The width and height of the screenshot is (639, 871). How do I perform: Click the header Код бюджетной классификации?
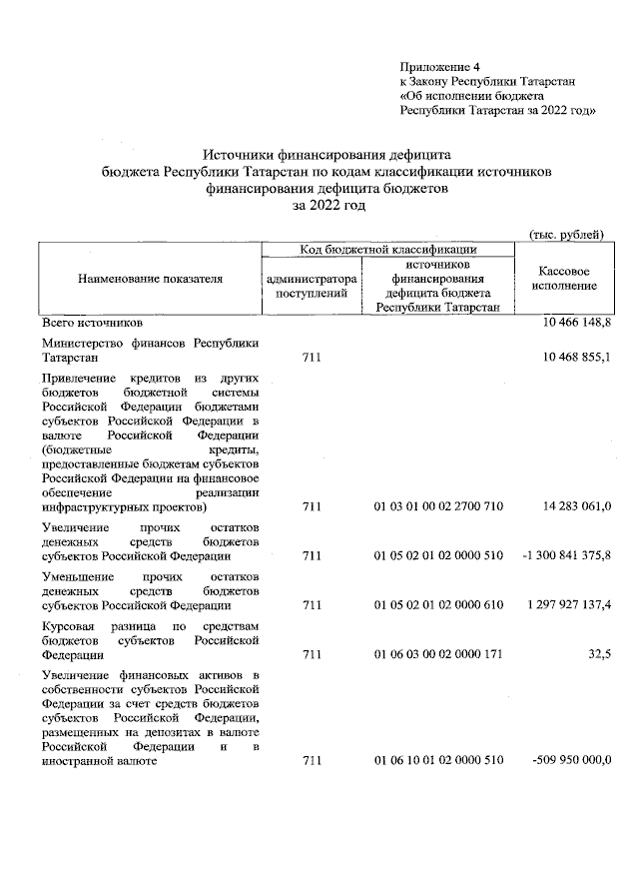(x=389, y=249)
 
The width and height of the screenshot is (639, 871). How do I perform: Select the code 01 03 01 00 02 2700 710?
(x=438, y=506)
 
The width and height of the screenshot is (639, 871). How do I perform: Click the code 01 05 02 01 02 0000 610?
(x=438, y=604)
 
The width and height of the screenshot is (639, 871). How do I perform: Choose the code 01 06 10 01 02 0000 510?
(x=438, y=761)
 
